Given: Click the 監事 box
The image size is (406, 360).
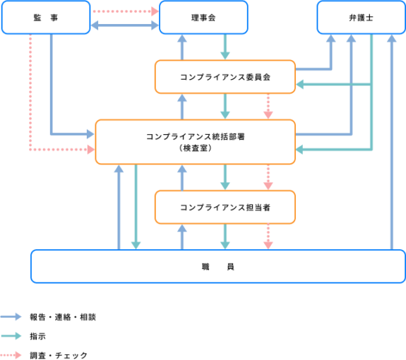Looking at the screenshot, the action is tap(46, 18).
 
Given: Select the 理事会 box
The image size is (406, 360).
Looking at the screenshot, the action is tap(203, 18).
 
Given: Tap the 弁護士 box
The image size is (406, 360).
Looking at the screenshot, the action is tap(362, 18).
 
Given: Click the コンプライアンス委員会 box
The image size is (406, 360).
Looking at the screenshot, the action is tap(225, 77).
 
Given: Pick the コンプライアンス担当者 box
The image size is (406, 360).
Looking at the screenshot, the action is tap(225, 207).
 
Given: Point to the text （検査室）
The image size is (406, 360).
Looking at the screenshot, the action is tap(196, 148).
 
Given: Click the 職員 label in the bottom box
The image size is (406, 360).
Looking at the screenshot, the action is tap(218, 267).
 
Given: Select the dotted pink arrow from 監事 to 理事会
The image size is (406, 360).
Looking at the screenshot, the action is tap(126, 11).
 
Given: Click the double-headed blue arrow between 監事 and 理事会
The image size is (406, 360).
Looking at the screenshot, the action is tap(124, 25).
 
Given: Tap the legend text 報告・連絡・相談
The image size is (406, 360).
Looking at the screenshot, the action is tap(63, 317).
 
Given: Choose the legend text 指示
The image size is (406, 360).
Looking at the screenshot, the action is tap(38, 336).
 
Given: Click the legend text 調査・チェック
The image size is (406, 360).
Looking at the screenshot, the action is tap(59, 355).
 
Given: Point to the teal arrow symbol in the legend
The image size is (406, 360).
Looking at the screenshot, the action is tap(11, 336).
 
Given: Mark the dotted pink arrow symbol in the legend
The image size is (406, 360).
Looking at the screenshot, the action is tap(11, 355).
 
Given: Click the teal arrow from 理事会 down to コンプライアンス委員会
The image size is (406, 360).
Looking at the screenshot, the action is tap(225, 47).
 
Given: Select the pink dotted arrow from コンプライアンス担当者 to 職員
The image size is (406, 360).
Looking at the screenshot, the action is tap(268, 236).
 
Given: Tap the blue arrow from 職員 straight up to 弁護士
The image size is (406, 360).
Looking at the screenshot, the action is tap(392, 142).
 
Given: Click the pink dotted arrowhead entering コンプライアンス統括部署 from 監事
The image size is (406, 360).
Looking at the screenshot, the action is tap(91, 150).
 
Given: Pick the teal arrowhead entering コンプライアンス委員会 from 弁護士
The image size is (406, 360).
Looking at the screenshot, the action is tap(300, 85).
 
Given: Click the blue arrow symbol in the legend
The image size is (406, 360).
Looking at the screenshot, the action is tap(11, 317).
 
